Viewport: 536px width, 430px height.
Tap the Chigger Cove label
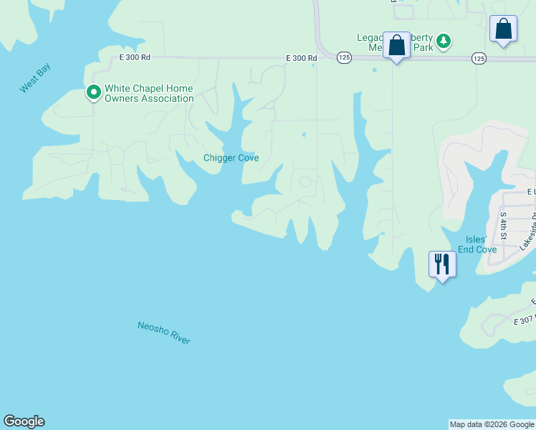[x=231, y=158]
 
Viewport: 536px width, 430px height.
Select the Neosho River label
[x=164, y=333]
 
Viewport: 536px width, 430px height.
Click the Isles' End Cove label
[x=481, y=244]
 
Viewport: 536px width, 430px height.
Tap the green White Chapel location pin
[x=93, y=92]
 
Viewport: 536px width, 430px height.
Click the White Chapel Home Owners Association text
[x=149, y=94]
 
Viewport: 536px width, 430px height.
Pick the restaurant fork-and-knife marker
[x=441, y=264]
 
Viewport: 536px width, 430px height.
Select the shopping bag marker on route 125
[x=396, y=46]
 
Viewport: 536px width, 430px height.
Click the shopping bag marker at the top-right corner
[x=503, y=30]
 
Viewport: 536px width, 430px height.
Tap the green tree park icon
[x=444, y=41]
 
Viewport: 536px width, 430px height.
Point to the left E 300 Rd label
[x=135, y=57]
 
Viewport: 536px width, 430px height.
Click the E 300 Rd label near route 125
[x=301, y=58]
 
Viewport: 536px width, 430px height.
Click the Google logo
[x=24, y=421]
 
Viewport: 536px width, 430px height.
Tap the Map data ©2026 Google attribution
[x=492, y=424]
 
